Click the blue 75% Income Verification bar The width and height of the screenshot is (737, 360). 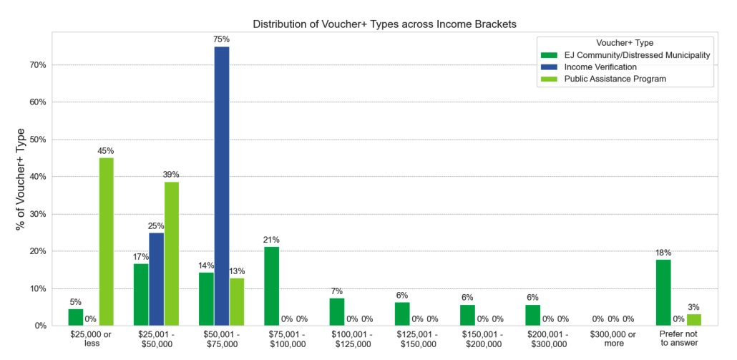tap(221, 186)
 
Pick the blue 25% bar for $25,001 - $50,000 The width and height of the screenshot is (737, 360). tap(157, 279)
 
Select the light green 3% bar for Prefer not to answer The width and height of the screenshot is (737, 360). tap(693, 320)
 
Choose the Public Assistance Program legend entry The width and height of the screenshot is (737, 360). tap(614, 79)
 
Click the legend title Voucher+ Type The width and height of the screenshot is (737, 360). tap(625, 42)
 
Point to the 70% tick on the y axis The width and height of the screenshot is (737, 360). tap(37, 65)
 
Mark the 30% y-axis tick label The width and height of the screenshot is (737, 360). tap(37, 214)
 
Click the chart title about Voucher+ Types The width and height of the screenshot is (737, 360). tap(384, 24)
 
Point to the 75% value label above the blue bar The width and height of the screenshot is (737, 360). tap(221, 39)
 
